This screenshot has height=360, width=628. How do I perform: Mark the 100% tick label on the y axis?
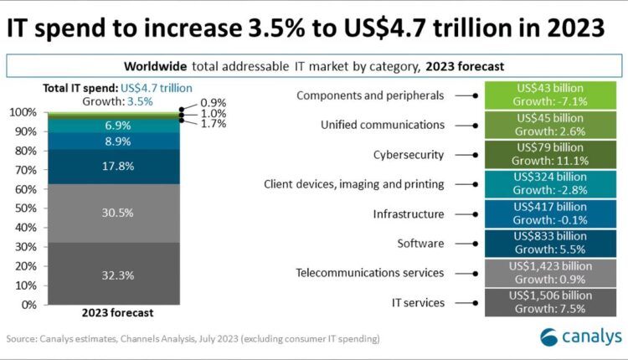point(23,112)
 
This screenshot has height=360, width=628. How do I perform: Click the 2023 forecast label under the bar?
point(117,313)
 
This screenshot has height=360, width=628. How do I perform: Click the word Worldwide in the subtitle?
point(156,65)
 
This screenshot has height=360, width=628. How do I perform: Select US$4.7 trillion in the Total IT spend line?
point(156,87)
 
